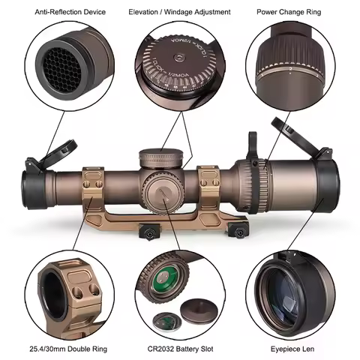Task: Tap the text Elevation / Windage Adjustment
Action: [179, 12]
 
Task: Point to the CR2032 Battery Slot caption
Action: [179, 349]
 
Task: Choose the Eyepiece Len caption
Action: [292, 349]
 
